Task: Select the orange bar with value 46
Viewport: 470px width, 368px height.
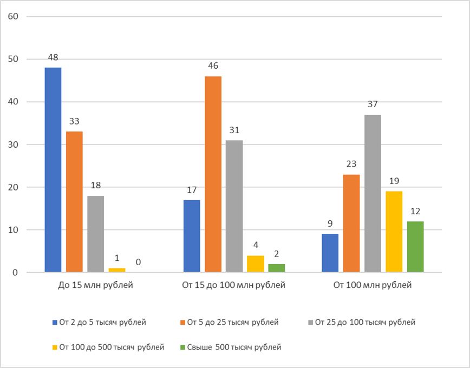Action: coord(213,174)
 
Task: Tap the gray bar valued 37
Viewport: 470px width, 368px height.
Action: coord(373,193)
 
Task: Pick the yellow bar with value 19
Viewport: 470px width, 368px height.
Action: coord(394,232)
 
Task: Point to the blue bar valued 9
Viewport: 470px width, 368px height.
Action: coord(330,253)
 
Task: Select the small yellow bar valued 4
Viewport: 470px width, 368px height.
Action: coord(256,264)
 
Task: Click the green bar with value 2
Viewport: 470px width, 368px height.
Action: coord(277,268)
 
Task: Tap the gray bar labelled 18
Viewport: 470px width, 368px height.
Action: coord(96,234)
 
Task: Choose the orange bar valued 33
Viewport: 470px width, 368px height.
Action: coord(75,201)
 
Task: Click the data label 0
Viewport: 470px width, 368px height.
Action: coord(139,262)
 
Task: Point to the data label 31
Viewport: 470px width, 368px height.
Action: coord(234,130)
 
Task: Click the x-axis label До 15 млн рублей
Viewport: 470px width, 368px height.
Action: coord(95,285)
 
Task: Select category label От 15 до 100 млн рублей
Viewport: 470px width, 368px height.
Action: coord(234,285)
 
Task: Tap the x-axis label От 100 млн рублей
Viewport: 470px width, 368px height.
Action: coord(373,285)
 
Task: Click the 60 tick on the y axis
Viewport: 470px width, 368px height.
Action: coord(14,16)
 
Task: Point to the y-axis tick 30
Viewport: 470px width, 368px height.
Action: coord(14,144)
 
